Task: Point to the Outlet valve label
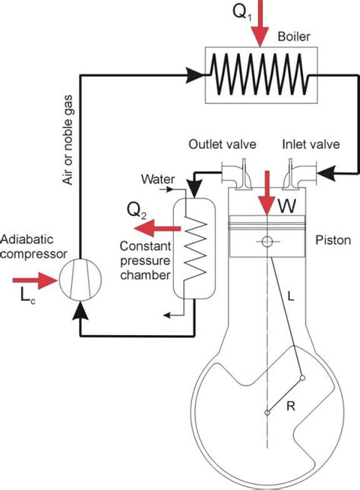coord(221,144)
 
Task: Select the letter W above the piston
coord(286,205)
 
